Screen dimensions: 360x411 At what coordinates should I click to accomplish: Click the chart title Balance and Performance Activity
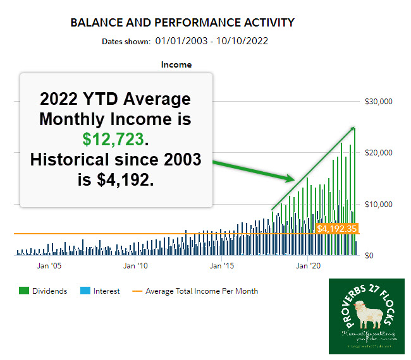[x=182, y=23]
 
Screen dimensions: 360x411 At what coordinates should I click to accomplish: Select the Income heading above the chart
[x=176, y=64]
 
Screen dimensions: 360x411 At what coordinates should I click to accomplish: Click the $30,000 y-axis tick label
[x=379, y=101]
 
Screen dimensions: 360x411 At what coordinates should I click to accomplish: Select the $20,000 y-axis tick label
[x=379, y=153]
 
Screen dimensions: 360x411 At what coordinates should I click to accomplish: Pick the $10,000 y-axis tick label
[x=379, y=204]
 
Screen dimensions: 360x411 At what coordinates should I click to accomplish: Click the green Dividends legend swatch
[x=24, y=291]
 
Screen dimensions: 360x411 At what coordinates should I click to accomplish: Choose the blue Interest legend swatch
[x=85, y=291]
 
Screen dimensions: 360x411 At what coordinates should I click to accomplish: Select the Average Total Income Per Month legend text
[x=202, y=291]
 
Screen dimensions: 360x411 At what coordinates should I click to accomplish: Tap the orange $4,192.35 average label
[x=337, y=228]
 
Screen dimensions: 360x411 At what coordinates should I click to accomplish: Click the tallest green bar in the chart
[x=354, y=189]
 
